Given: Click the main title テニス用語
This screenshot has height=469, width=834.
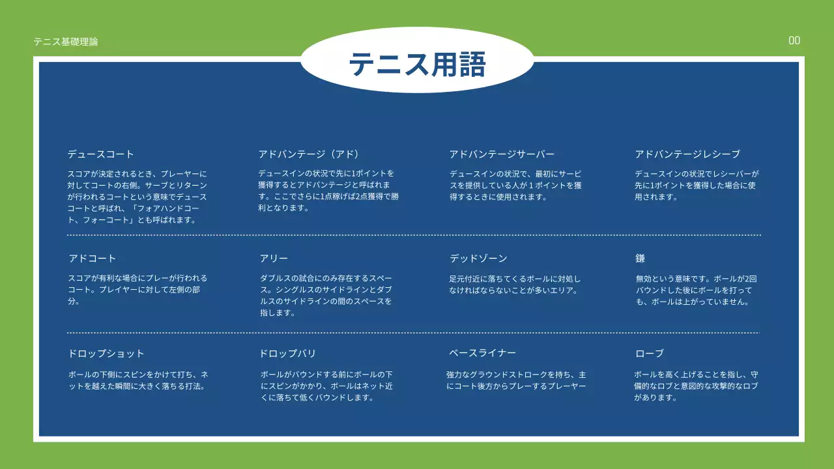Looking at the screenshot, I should tap(417, 64).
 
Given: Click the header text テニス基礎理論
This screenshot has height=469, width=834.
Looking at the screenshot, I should tap(66, 42).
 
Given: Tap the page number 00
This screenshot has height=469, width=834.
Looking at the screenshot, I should tap(794, 40).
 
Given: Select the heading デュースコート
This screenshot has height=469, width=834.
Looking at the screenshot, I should tap(101, 154).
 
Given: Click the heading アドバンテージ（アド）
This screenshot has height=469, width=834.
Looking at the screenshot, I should tap(309, 154).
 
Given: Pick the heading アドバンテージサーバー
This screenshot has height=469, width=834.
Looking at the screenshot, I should tap(502, 154).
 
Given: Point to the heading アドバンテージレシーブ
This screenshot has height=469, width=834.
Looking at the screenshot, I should tap(687, 154).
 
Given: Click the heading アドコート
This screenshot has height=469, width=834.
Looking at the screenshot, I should tap(93, 259).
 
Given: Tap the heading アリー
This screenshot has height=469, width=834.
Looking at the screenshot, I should tap(274, 259).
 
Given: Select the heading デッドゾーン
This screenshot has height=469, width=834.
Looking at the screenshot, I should tap(478, 259).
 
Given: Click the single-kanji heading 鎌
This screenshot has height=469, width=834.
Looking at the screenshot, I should tap(640, 259).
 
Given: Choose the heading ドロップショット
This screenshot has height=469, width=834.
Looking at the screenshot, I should tap(106, 354).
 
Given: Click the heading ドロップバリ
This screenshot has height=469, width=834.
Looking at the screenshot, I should tap(287, 354).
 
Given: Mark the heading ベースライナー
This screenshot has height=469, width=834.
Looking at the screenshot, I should tap(482, 353).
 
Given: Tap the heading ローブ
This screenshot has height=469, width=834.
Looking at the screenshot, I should tap(650, 354).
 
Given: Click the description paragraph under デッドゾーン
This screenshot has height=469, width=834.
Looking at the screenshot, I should tap(515, 285).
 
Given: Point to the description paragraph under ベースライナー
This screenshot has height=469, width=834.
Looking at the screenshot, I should tap(516, 380).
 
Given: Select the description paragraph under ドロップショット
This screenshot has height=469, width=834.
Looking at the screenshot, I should tap(138, 380).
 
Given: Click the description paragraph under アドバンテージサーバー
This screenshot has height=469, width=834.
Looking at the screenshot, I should tap(515, 186).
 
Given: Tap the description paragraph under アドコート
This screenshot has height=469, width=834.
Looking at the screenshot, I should tap(137, 290).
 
